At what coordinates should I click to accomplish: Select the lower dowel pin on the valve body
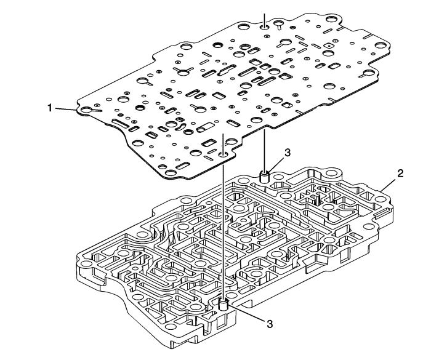[223, 304]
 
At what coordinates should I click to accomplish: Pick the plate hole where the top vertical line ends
[264, 27]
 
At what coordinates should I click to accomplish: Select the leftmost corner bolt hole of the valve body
[87, 263]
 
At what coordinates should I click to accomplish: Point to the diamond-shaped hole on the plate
[329, 46]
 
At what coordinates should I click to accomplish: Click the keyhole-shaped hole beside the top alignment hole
[280, 25]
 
